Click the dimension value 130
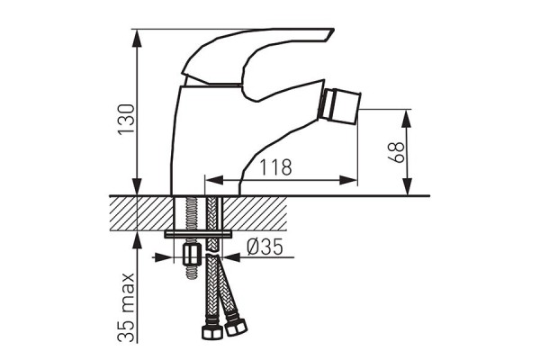click(x=126, y=119)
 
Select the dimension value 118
click(x=275, y=167)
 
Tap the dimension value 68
click(x=396, y=152)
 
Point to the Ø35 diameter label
click(x=265, y=247)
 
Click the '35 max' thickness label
click(x=126, y=308)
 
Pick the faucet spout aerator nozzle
click(x=339, y=106)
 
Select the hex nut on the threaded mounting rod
click(x=192, y=255)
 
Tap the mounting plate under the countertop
click(x=198, y=234)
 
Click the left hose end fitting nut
click(x=212, y=331)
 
